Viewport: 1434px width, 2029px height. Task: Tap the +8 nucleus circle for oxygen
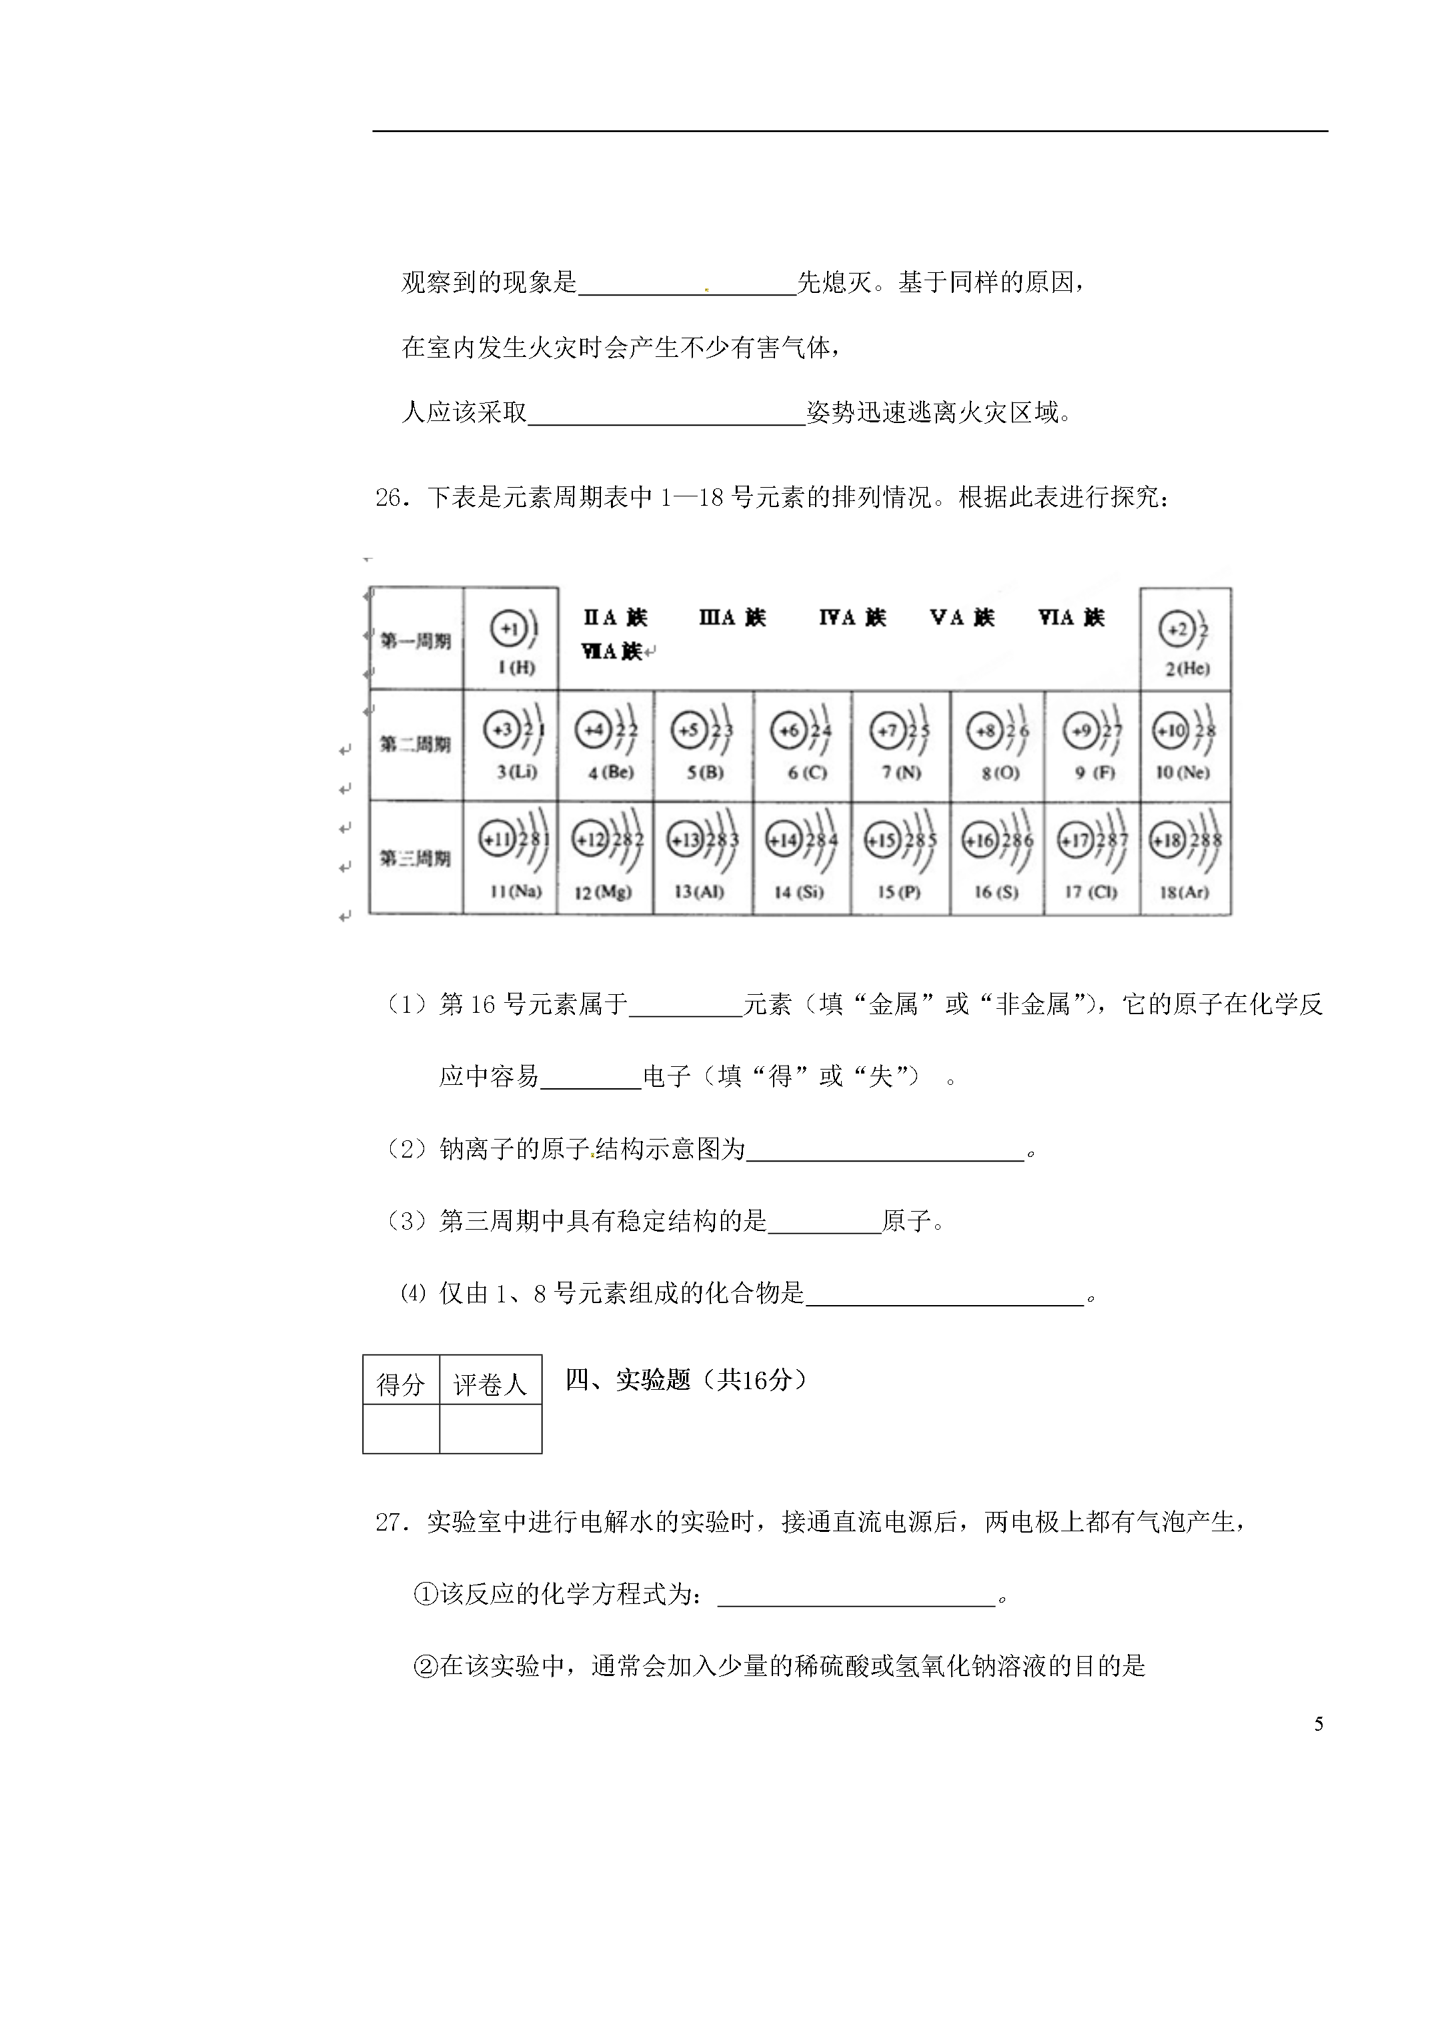(x=983, y=731)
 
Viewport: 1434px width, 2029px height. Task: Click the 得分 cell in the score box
(x=400, y=1384)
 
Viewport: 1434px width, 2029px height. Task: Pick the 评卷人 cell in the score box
(x=490, y=1384)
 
